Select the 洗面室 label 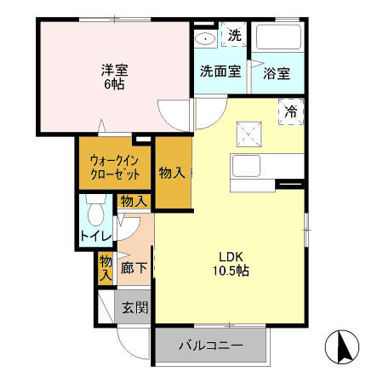[x=220, y=72]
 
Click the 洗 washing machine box [x=233, y=37]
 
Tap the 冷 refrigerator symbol [x=291, y=111]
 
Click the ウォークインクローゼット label [x=115, y=166]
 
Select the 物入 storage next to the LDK [x=172, y=172]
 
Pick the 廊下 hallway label [x=134, y=266]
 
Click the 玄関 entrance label [x=134, y=306]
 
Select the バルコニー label [x=210, y=346]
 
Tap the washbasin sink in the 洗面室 [x=204, y=38]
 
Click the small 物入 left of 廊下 [x=106, y=267]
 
